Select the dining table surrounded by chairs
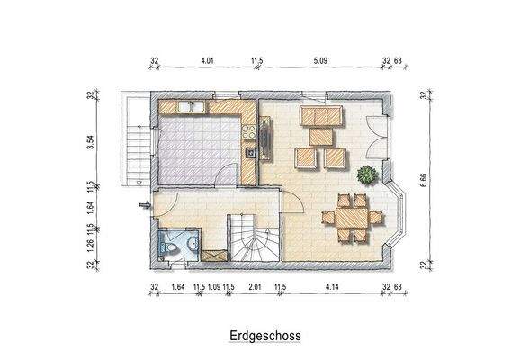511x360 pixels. (x=345, y=215)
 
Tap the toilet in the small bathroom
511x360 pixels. (x=166, y=243)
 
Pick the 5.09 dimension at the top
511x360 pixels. (x=319, y=62)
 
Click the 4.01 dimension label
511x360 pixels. (x=206, y=62)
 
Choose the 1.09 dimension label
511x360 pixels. (x=213, y=287)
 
